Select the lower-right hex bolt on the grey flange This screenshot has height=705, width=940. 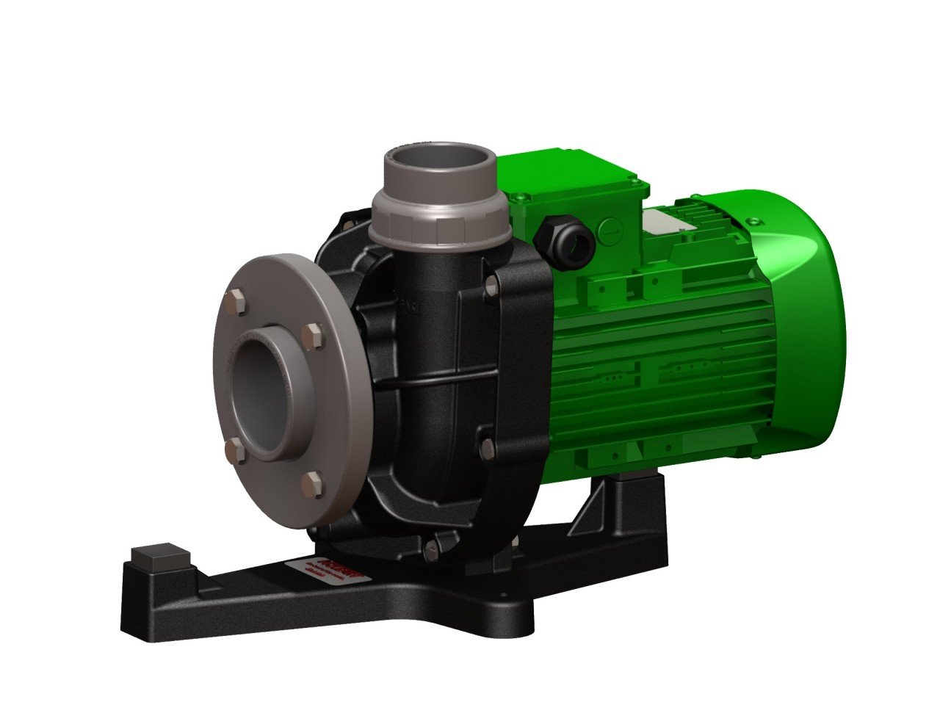(x=313, y=483)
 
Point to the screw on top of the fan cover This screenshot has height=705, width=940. (x=753, y=220)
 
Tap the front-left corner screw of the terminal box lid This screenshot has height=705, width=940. (x=521, y=198)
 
